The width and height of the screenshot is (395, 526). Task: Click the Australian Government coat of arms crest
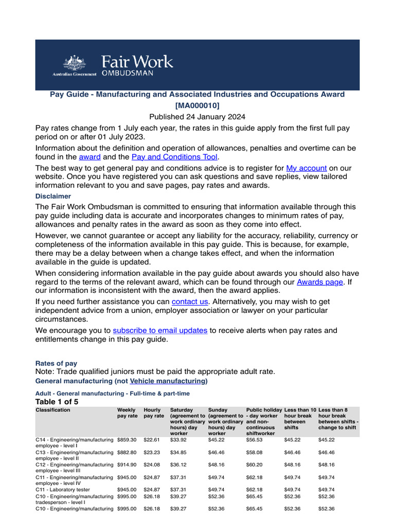74,63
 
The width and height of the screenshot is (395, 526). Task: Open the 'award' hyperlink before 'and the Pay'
89,157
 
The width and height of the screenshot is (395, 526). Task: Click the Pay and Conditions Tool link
175,157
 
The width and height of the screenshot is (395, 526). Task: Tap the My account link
307,168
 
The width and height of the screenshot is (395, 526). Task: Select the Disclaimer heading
53,196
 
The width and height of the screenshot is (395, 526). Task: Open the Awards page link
320,281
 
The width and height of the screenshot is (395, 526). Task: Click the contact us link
190,302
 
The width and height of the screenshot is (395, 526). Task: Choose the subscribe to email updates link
160,330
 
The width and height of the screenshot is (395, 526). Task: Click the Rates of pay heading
56,363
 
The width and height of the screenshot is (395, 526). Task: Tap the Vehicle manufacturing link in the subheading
168,381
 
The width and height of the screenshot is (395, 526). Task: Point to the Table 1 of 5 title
57,401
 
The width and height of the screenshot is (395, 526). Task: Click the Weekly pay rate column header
128,412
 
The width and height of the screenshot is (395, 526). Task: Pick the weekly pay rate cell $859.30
127,440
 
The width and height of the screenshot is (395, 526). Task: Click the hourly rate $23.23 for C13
152,453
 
